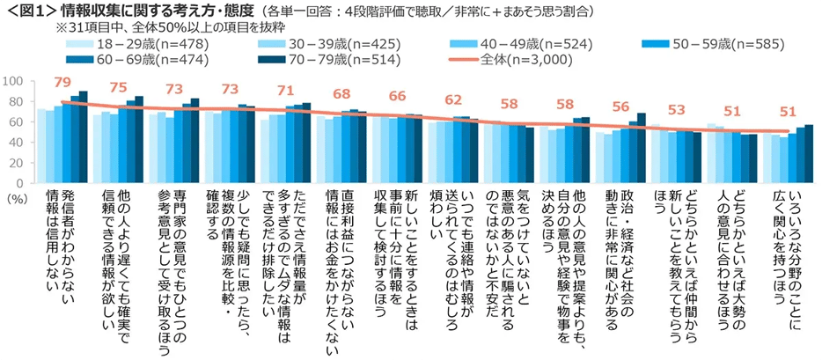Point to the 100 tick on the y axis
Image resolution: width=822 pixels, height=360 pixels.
(x=12, y=81)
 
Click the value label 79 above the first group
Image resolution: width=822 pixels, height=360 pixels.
(x=62, y=83)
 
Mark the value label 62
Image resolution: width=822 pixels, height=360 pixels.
(x=454, y=100)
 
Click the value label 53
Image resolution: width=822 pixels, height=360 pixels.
(x=678, y=110)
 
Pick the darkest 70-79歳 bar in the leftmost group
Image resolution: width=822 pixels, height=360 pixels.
(x=84, y=136)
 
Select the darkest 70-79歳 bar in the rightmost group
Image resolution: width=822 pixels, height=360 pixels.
(x=809, y=153)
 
